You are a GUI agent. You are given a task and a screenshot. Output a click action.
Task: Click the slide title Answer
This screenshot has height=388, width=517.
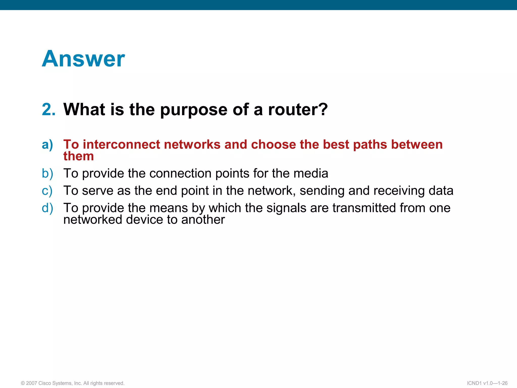point(83,59)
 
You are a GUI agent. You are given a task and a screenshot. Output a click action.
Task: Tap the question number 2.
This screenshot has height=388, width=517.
point(49,110)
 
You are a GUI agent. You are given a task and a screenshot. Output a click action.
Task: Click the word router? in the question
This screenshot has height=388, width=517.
point(298,110)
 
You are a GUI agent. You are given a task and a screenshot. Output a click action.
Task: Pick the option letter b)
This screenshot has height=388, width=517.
point(47,174)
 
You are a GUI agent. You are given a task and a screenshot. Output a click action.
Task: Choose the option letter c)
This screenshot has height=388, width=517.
point(47,191)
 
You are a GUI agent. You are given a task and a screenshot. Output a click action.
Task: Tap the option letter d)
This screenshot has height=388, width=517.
point(47,208)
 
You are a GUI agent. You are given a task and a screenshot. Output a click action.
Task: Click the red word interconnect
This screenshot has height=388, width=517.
point(121,144)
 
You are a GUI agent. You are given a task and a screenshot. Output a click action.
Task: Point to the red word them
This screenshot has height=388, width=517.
point(79,156)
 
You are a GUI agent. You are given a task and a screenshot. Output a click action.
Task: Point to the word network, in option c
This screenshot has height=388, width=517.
point(272,191)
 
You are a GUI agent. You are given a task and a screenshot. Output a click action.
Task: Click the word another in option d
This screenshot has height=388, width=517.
point(203,220)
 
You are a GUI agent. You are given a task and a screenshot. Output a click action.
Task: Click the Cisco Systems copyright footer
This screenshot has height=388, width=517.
point(73,383)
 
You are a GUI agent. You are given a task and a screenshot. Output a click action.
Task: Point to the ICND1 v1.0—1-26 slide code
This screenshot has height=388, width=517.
point(487,383)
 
